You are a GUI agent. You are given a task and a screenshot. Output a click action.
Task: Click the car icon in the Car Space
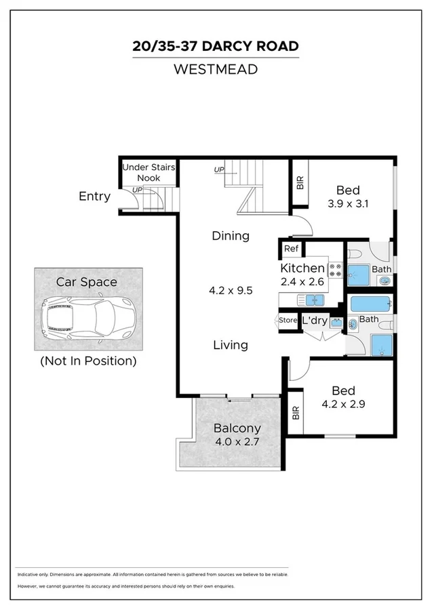(x=87, y=319)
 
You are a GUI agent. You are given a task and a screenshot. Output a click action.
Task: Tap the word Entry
(x=94, y=197)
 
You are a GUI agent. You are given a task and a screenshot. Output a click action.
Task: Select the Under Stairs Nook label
(x=149, y=172)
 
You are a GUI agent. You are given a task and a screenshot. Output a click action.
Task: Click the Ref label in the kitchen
(x=291, y=249)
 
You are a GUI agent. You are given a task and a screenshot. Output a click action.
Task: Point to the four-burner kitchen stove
(x=336, y=270)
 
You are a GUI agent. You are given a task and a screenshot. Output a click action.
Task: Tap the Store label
(x=288, y=321)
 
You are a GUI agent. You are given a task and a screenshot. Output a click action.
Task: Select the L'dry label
(x=315, y=320)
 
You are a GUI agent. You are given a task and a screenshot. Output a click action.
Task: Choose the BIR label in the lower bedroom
(x=295, y=413)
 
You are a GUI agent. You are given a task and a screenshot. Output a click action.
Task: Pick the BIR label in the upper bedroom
(x=300, y=182)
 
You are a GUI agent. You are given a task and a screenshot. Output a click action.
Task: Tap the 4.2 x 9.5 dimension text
(x=231, y=291)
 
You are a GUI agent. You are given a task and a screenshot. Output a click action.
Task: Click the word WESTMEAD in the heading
(x=216, y=69)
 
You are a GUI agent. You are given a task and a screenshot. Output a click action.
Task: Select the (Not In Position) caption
(x=88, y=361)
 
